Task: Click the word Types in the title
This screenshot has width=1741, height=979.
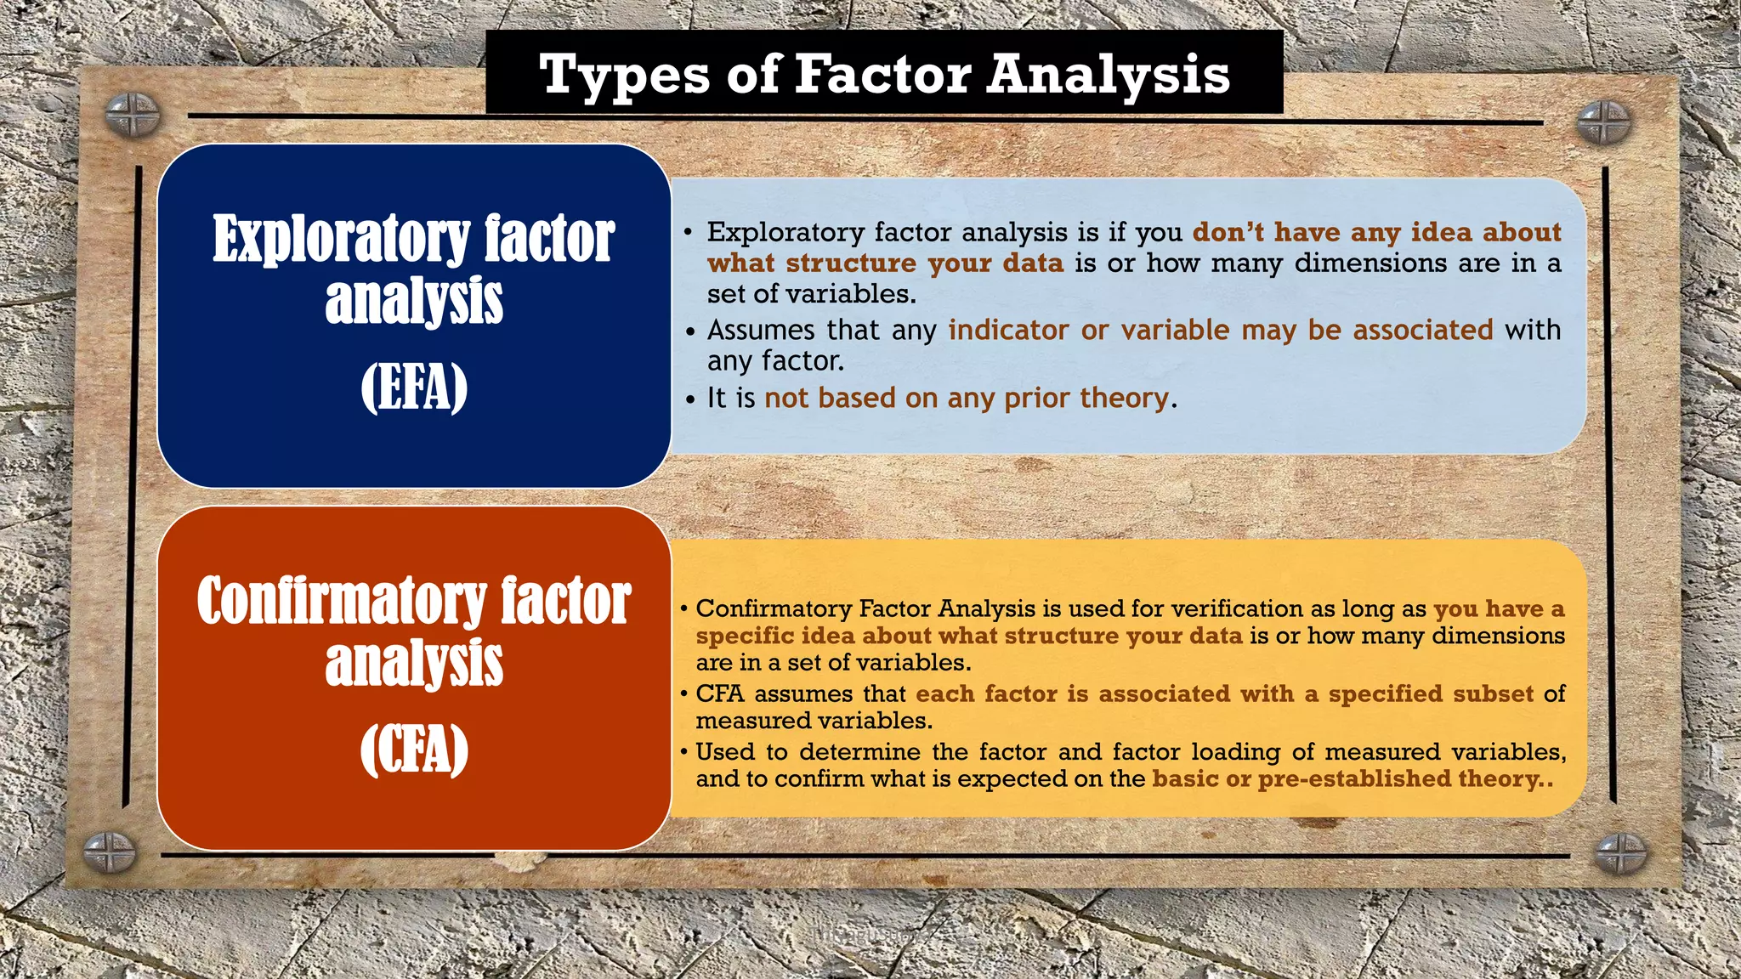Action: (624, 75)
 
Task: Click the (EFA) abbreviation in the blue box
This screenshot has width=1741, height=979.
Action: (414, 388)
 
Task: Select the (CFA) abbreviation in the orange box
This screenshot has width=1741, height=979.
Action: (414, 750)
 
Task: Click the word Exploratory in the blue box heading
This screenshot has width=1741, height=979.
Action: (342, 240)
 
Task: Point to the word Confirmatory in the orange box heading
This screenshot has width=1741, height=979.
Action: (342, 602)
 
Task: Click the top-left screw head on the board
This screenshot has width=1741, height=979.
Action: (133, 115)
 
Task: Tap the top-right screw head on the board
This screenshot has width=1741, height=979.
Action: (1603, 122)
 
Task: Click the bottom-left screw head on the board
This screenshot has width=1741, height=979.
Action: (110, 852)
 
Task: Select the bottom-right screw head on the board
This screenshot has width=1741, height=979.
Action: (1620, 854)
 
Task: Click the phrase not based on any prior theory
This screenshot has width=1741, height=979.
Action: (967, 398)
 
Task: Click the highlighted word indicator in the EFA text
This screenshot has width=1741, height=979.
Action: (1008, 330)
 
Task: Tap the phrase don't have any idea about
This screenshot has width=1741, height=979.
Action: (1376, 232)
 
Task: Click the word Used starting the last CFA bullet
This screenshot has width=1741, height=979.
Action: (724, 751)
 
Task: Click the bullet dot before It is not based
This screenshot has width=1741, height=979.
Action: (690, 399)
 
